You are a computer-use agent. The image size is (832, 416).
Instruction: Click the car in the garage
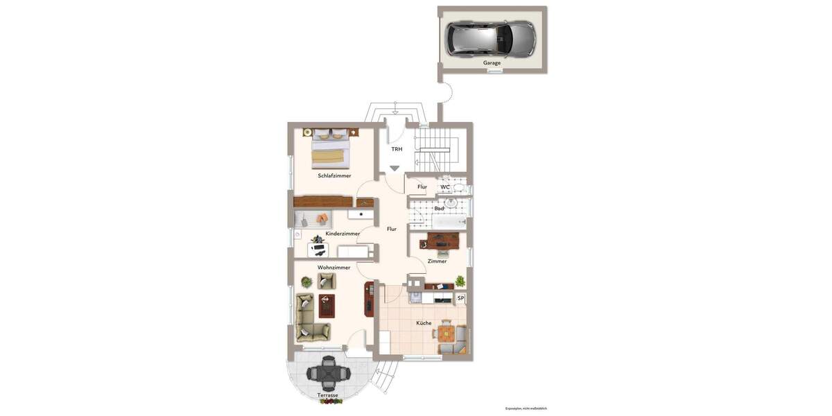tap(490, 38)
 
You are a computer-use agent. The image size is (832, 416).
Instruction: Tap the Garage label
tap(492, 63)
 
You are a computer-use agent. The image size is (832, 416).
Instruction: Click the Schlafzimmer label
tap(334, 176)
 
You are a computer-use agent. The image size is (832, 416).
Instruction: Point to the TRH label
tap(397, 149)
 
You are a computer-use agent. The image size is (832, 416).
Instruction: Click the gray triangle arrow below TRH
tap(395, 168)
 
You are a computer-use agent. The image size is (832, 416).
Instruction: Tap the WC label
tap(445, 187)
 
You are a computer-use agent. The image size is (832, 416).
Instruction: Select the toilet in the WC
tap(460, 187)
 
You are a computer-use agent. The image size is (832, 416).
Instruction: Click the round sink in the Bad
tap(451, 203)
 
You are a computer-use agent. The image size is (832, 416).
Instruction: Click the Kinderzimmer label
tap(343, 234)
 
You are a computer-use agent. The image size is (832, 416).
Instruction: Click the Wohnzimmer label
tap(333, 268)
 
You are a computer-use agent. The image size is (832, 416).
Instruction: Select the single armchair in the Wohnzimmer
tap(327, 281)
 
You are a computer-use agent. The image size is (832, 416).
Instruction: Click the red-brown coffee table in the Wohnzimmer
tap(327, 306)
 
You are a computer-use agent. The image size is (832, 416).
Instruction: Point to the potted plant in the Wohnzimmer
tap(306, 281)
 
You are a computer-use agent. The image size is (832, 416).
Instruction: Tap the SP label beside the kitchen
tap(460, 299)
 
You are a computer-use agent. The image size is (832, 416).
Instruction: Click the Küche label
tap(424, 323)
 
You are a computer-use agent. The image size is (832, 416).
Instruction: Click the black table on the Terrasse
tap(329, 373)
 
